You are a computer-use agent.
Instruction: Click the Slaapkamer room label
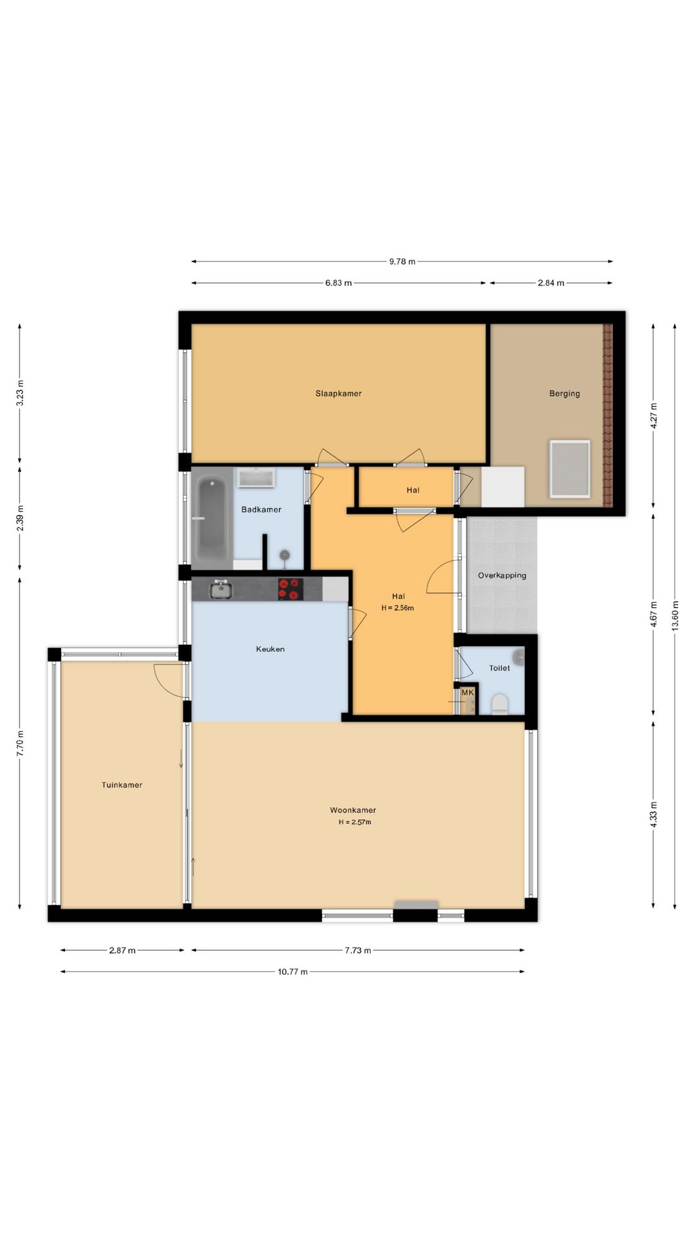338,394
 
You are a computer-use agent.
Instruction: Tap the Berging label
564,394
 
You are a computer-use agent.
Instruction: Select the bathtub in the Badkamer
211,519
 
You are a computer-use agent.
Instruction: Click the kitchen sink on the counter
220,589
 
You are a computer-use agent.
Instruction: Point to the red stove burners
290,589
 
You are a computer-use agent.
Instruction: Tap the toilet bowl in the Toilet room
499,704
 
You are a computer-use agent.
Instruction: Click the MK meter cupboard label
467,693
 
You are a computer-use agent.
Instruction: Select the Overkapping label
502,575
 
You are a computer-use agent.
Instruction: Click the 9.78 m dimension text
402,261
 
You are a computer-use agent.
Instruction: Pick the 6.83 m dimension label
338,283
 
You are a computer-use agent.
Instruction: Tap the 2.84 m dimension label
551,283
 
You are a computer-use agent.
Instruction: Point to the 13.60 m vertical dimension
675,616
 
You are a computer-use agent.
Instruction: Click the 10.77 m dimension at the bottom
292,972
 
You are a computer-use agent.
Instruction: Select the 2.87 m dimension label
122,950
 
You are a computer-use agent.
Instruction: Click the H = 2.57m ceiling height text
355,822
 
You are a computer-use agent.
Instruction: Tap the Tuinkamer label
121,785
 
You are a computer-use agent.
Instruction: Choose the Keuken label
270,649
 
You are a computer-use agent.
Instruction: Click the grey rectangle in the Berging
569,469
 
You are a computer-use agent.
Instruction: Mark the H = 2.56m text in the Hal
398,608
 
